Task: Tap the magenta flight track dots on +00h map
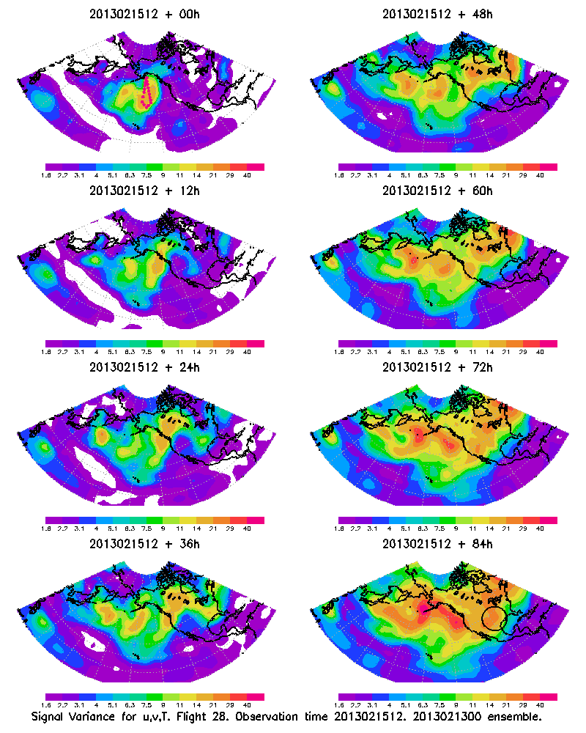(x=146, y=92)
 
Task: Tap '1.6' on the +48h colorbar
(x=339, y=176)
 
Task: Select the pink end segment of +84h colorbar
(x=549, y=696)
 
